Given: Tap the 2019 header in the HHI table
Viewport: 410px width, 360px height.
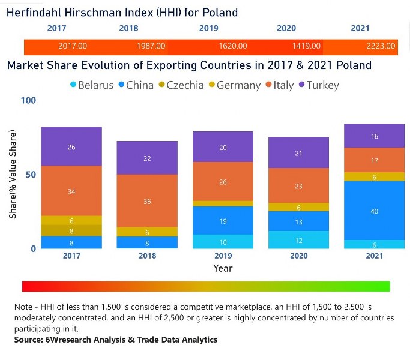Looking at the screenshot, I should (208, 28).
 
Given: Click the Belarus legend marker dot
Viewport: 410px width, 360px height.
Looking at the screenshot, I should (73, 85).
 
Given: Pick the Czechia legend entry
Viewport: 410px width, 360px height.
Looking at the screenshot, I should (181, 85).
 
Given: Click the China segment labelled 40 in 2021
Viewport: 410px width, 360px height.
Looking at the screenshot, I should (375, 211).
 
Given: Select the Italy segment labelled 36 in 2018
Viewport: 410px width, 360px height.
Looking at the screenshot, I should (148, 201).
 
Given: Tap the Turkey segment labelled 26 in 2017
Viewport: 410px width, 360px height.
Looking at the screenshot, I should (71, 146).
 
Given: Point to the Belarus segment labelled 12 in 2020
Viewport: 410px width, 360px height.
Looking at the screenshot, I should (299, 240).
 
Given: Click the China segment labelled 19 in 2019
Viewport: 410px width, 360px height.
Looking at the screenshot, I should (223, 221).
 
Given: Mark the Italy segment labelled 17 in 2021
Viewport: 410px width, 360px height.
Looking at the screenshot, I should (375, 160).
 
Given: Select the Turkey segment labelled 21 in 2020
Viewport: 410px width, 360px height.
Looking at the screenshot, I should (299, 153).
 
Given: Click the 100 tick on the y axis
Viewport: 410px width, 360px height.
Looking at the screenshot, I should (28, 100).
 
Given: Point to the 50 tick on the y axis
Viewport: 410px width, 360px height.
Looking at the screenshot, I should (31, 175).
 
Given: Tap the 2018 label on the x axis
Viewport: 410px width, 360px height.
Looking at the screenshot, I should (148, 256).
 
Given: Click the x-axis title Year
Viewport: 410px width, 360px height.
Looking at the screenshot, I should (223, 268).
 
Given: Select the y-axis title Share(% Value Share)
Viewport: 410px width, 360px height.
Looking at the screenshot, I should (13, 174).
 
